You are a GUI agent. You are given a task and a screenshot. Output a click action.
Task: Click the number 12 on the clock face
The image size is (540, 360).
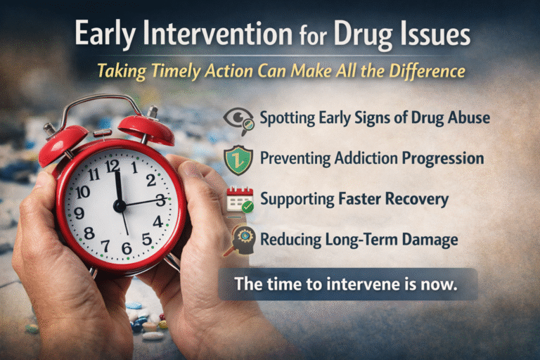[112, 166]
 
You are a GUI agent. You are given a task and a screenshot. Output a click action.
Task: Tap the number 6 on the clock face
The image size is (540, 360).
[127, 247]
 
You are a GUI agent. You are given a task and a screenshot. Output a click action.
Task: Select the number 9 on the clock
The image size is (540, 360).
[79, 213]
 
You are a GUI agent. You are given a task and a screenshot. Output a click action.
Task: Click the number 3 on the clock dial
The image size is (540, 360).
[160, 200]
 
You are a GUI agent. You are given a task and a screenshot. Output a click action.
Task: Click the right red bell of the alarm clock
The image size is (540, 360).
[145, 127]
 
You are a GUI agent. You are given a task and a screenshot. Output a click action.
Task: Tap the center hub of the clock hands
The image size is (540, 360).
[119, 206]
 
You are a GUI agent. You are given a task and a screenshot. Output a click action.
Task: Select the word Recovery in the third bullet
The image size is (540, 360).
[413, 199]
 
